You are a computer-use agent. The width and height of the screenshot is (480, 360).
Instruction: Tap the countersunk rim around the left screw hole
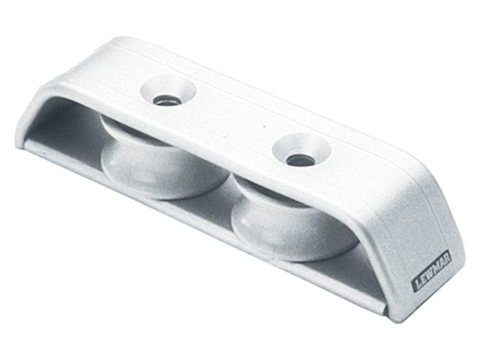tap(167, 91)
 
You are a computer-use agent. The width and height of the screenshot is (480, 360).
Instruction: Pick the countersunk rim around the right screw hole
tap(301, 150)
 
